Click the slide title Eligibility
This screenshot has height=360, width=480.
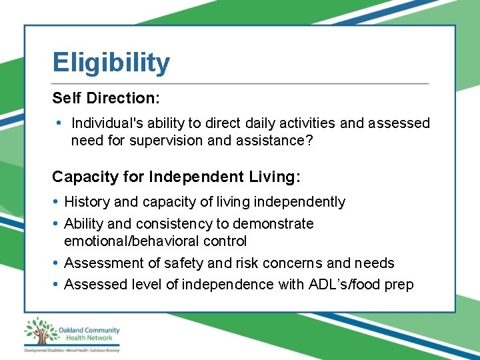[111, 63]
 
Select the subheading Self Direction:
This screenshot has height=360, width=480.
[106, 98]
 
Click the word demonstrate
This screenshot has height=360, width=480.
[272, 223]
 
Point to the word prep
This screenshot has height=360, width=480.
[399, 285]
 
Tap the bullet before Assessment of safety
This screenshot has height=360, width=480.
[56, 263]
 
